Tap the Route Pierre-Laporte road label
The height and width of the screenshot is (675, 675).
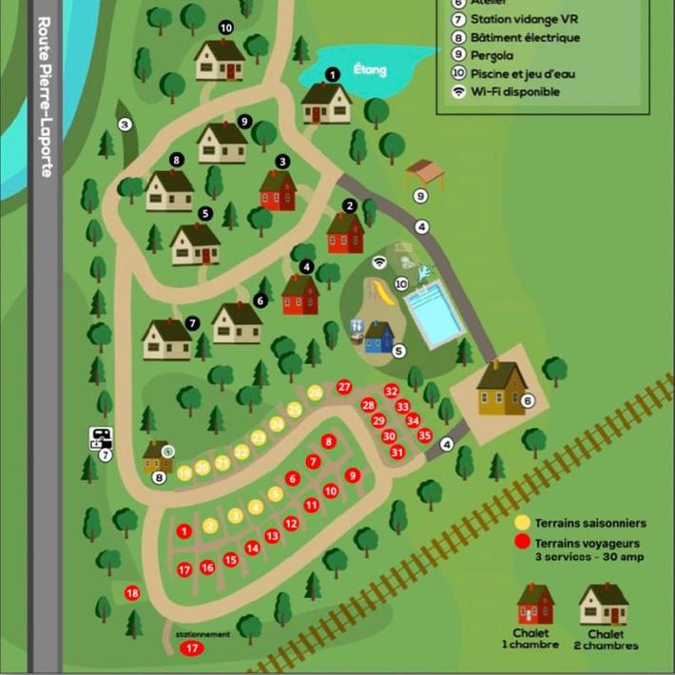45,95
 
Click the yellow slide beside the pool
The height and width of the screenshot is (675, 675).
382,293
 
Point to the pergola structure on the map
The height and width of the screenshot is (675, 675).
425,175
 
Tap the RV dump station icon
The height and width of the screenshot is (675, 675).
101,439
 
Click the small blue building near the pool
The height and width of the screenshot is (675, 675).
378,337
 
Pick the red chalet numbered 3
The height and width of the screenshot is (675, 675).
278,190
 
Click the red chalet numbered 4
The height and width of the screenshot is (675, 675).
300,295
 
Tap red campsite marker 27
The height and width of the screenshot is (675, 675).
344,387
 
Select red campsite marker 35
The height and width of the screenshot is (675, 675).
424,435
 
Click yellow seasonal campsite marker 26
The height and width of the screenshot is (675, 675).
315,393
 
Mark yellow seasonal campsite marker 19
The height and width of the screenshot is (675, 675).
185,472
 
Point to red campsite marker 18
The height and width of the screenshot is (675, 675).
132,593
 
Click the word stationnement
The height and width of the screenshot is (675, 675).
202,635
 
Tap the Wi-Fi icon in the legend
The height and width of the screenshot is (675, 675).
459,92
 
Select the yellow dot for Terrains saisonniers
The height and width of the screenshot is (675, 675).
522,523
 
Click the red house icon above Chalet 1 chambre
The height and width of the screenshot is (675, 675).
535,605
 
